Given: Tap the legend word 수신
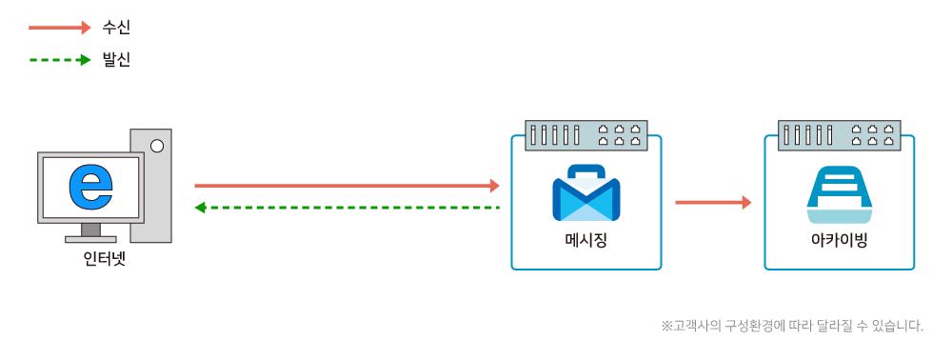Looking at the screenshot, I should (x=116, y=28).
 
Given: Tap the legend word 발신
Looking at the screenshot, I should (x=116, y=59).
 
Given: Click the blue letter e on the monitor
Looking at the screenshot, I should (x=91, y=187).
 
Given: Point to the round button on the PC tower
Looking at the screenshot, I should (x=156, y=146).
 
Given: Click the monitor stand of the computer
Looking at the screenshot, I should (x=90, y=231).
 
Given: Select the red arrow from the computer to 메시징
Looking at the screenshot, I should (x=343, y=186).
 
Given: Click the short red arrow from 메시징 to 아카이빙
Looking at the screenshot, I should (x=712, y=202).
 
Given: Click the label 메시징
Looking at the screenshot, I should (x=585, y=238).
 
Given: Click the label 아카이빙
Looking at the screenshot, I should (x=839, y=238).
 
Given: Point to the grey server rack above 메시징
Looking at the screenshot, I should (x=585, y=135).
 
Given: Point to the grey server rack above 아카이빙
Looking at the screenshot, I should (x=839, y=135).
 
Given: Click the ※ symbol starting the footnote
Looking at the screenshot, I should (x=666, y=326).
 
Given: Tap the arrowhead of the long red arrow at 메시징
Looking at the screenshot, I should (x=494, y=186).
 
